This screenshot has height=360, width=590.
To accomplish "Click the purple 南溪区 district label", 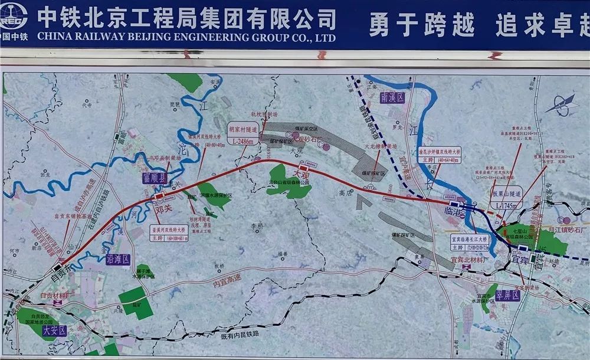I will [392, 98].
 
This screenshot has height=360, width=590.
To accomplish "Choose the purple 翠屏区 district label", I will [507, 294].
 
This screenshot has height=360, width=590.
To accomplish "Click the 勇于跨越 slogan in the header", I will [422, 24].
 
